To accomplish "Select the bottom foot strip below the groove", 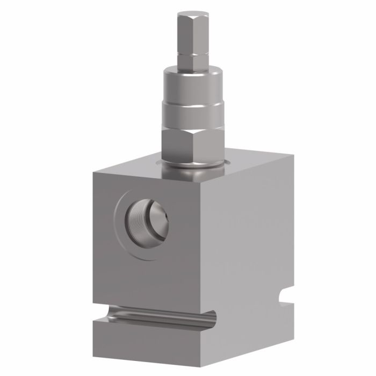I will pyautogui.click(x=150, y=341).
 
